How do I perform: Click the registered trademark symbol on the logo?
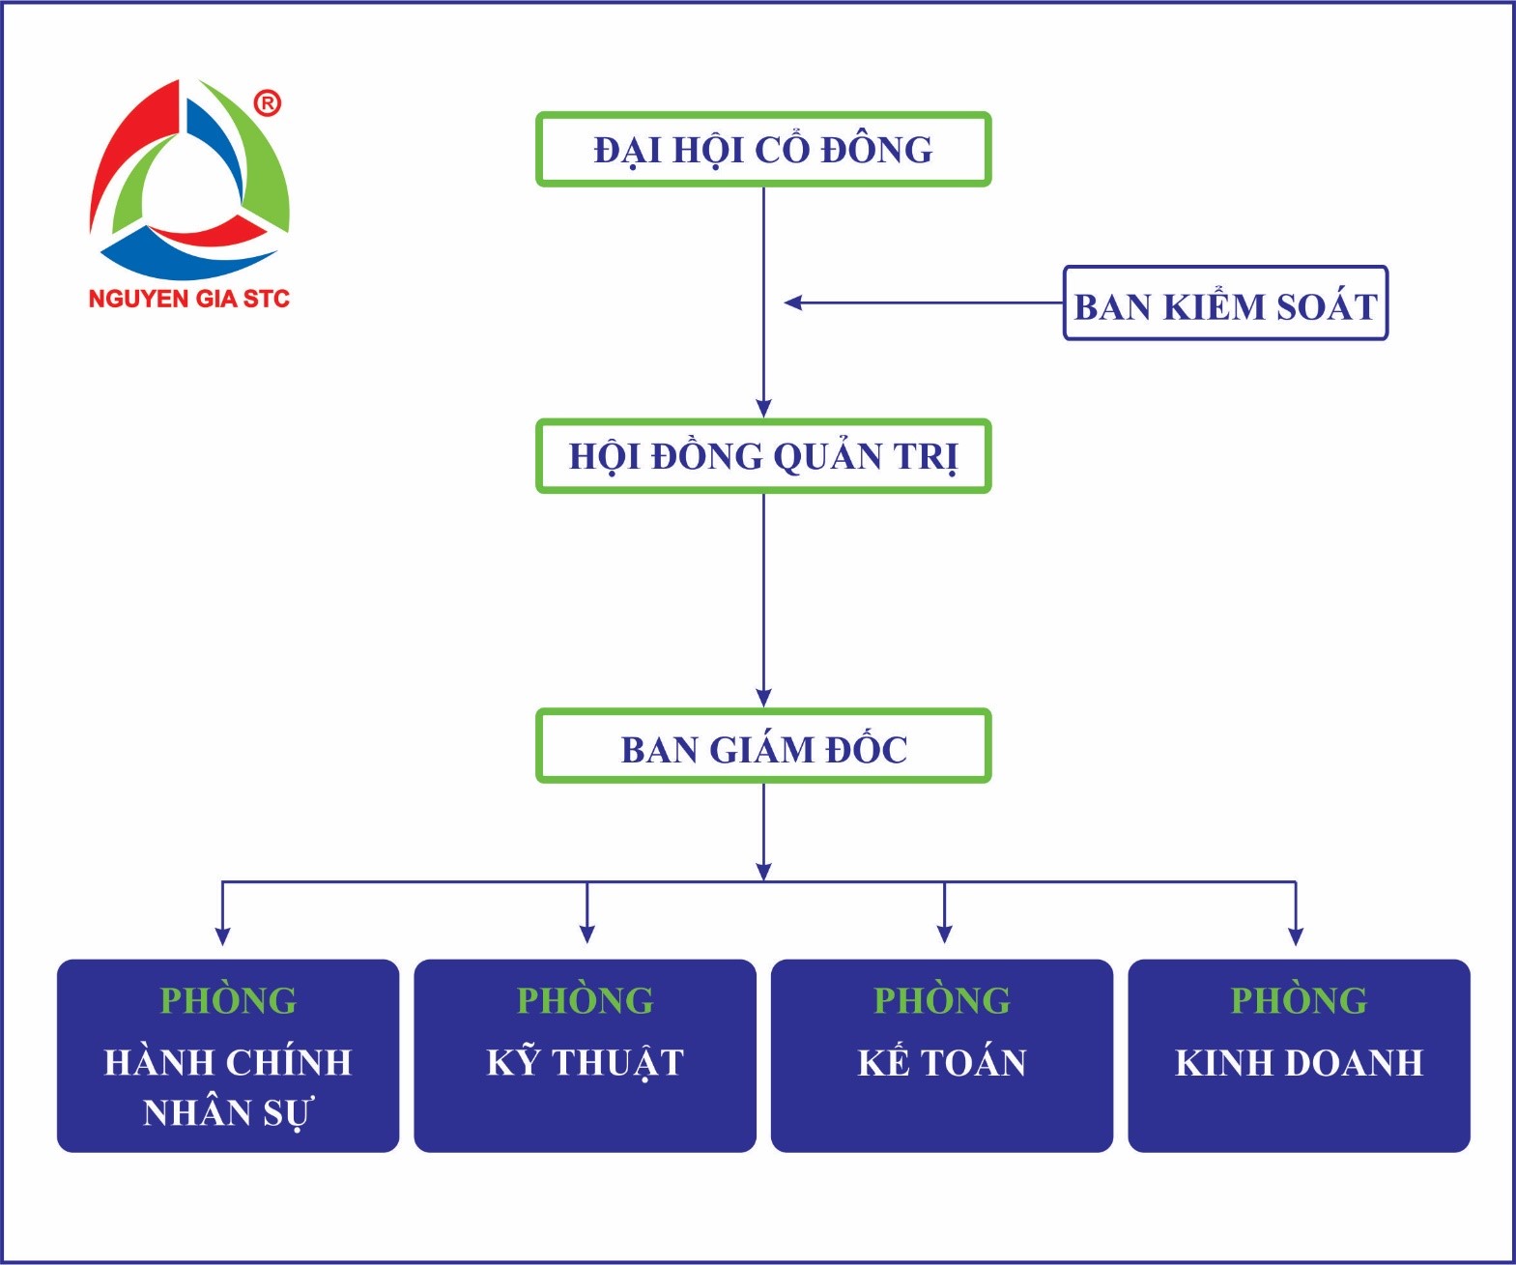268,103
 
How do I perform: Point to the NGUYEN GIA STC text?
188,299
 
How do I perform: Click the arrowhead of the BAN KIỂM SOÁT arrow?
793,302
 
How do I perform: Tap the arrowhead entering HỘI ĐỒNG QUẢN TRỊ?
763,408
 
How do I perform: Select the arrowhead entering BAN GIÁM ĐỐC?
763,698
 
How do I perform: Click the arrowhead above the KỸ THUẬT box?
587,934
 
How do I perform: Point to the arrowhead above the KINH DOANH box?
1296,936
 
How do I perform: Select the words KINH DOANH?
1299,1063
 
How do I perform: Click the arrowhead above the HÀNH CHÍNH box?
223,936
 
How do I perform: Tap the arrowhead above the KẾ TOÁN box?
945,934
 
